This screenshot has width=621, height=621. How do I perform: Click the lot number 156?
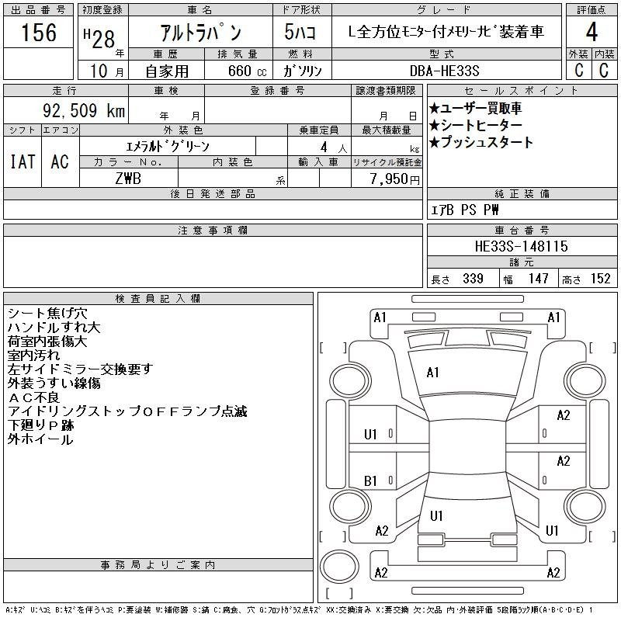tap(39, 32)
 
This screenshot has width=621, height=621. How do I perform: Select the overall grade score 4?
tap(592, 32)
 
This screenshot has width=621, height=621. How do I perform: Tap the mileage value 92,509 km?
tap(84, 110)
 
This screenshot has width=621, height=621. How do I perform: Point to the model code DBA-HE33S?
tap(444, 71)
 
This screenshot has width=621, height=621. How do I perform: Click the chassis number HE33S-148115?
tap(521, 246)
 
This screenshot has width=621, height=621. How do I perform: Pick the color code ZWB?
tap(128, 179)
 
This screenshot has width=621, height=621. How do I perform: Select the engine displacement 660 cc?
tap(247, 71)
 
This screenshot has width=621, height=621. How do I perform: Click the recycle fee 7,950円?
tap(395, 179)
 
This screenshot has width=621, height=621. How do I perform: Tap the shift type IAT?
tap(23, 161)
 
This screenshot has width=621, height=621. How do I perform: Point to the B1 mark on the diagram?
tap(370, 480)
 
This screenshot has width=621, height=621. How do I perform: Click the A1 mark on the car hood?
tap(432, 373)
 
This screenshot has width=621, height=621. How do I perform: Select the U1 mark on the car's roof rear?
tap(436, 515)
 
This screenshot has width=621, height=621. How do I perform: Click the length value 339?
tap(473, 279)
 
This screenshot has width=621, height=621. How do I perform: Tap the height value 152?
tap(600, 279)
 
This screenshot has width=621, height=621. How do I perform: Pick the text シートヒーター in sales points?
tap(481, 125)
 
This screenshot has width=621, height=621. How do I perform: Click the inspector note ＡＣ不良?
tap(33, 397)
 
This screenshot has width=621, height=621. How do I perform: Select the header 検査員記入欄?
tap(158, 298)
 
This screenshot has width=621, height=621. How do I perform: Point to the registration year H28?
tap(99, 38)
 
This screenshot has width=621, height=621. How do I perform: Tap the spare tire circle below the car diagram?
tap(339, 566)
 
